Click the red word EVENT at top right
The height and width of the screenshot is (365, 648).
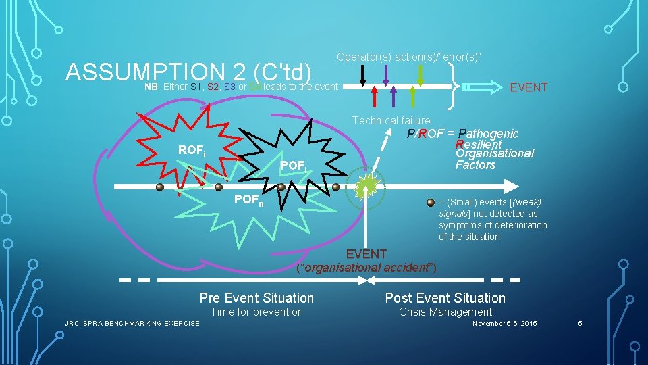[529, 88]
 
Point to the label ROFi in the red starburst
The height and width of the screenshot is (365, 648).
[192, 151]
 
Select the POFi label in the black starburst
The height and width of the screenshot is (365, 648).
[294, 166]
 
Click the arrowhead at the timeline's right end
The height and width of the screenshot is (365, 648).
[513, 187]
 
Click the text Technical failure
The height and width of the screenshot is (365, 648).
[391, 120]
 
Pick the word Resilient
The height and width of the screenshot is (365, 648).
[479, 144]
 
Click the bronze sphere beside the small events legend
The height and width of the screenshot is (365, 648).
[431, 201]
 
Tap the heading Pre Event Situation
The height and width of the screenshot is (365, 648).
[256, 298]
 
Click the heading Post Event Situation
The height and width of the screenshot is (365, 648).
[445, 298]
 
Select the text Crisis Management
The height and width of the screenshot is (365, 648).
[445, 312]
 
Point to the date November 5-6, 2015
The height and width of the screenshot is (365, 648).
[505, 324]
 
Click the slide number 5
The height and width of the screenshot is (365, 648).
[579, 324]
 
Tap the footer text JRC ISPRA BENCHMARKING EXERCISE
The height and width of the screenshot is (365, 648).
[132, 324]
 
